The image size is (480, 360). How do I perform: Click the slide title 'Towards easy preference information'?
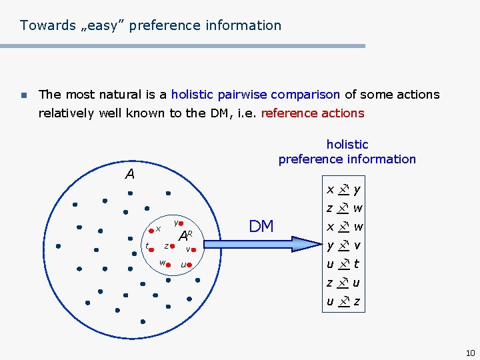click(x=151, y=25)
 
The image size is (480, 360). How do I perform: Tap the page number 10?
click(x=470, y=353)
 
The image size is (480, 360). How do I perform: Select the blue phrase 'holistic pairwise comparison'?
click(x=255, y=95)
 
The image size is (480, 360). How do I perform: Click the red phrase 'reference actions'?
click(x=313, y=113)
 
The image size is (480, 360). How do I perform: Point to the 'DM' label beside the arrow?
click(x=261, y=227)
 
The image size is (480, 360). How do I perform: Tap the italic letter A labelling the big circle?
click(x=130, y=175)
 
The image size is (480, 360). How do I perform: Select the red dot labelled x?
click(x=151, y=229)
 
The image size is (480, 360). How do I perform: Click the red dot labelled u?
click(x=189, y=265)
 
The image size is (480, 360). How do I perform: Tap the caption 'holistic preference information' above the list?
click(x=347, y=152)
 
